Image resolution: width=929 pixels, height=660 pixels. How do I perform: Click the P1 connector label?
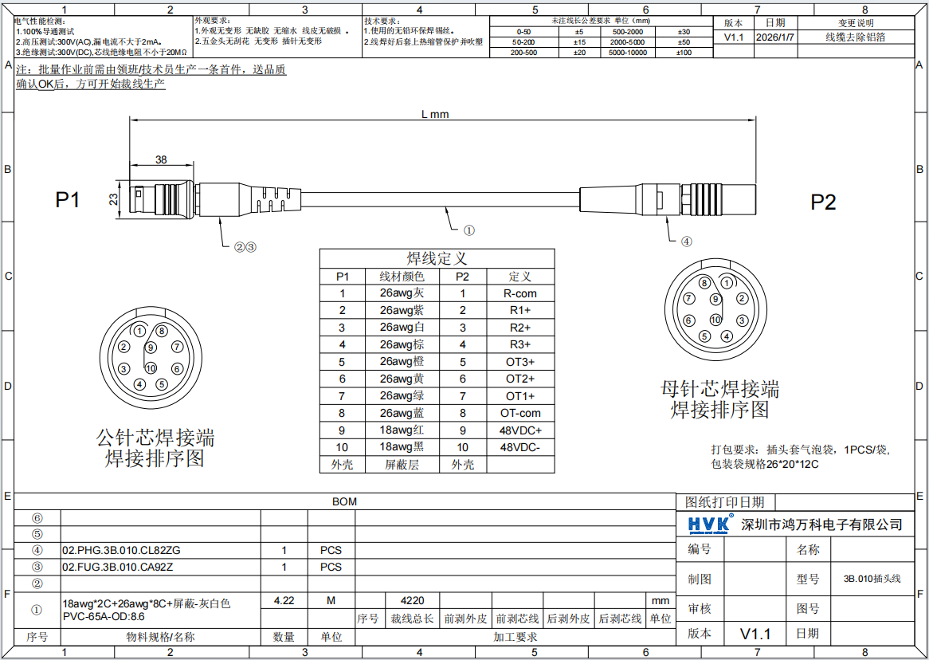click(x=68, y=200)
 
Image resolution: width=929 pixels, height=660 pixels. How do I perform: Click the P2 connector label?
click(x=823, y=202)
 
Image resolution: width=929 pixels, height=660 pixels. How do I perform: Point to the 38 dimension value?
click(x=161, y=160)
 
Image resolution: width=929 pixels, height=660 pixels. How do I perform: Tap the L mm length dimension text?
click(x=435, y=114)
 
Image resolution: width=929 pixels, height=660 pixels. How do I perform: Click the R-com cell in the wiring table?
click(x=519, y=293)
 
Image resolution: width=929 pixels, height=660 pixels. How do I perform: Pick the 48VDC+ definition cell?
click(x=519, y=430)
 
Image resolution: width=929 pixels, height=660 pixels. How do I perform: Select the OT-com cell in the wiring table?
click(x=519, y=413)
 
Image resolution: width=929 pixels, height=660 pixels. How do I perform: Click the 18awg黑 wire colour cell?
click(x=402, y=447)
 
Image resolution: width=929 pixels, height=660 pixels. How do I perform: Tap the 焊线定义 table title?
click(x=437, y=258)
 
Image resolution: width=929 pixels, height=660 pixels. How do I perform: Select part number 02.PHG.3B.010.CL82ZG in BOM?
click(x=121, y=550)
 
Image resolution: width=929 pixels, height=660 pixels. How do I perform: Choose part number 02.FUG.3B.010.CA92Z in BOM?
click(x=117, y=567)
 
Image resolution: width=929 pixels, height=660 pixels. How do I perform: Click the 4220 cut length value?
click(x=412, y=600)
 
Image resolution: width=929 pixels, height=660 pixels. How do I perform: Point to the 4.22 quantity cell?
click(x=284, y=600)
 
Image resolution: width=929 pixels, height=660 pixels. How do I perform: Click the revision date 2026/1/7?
click(x=775, y=37)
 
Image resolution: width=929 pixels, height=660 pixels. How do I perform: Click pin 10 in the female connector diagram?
click(x=715, y=320)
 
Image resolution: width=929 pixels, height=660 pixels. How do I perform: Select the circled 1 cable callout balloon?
click(x=468, y=230)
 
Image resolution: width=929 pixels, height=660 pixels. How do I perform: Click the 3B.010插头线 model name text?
click(x=872, y=579)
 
